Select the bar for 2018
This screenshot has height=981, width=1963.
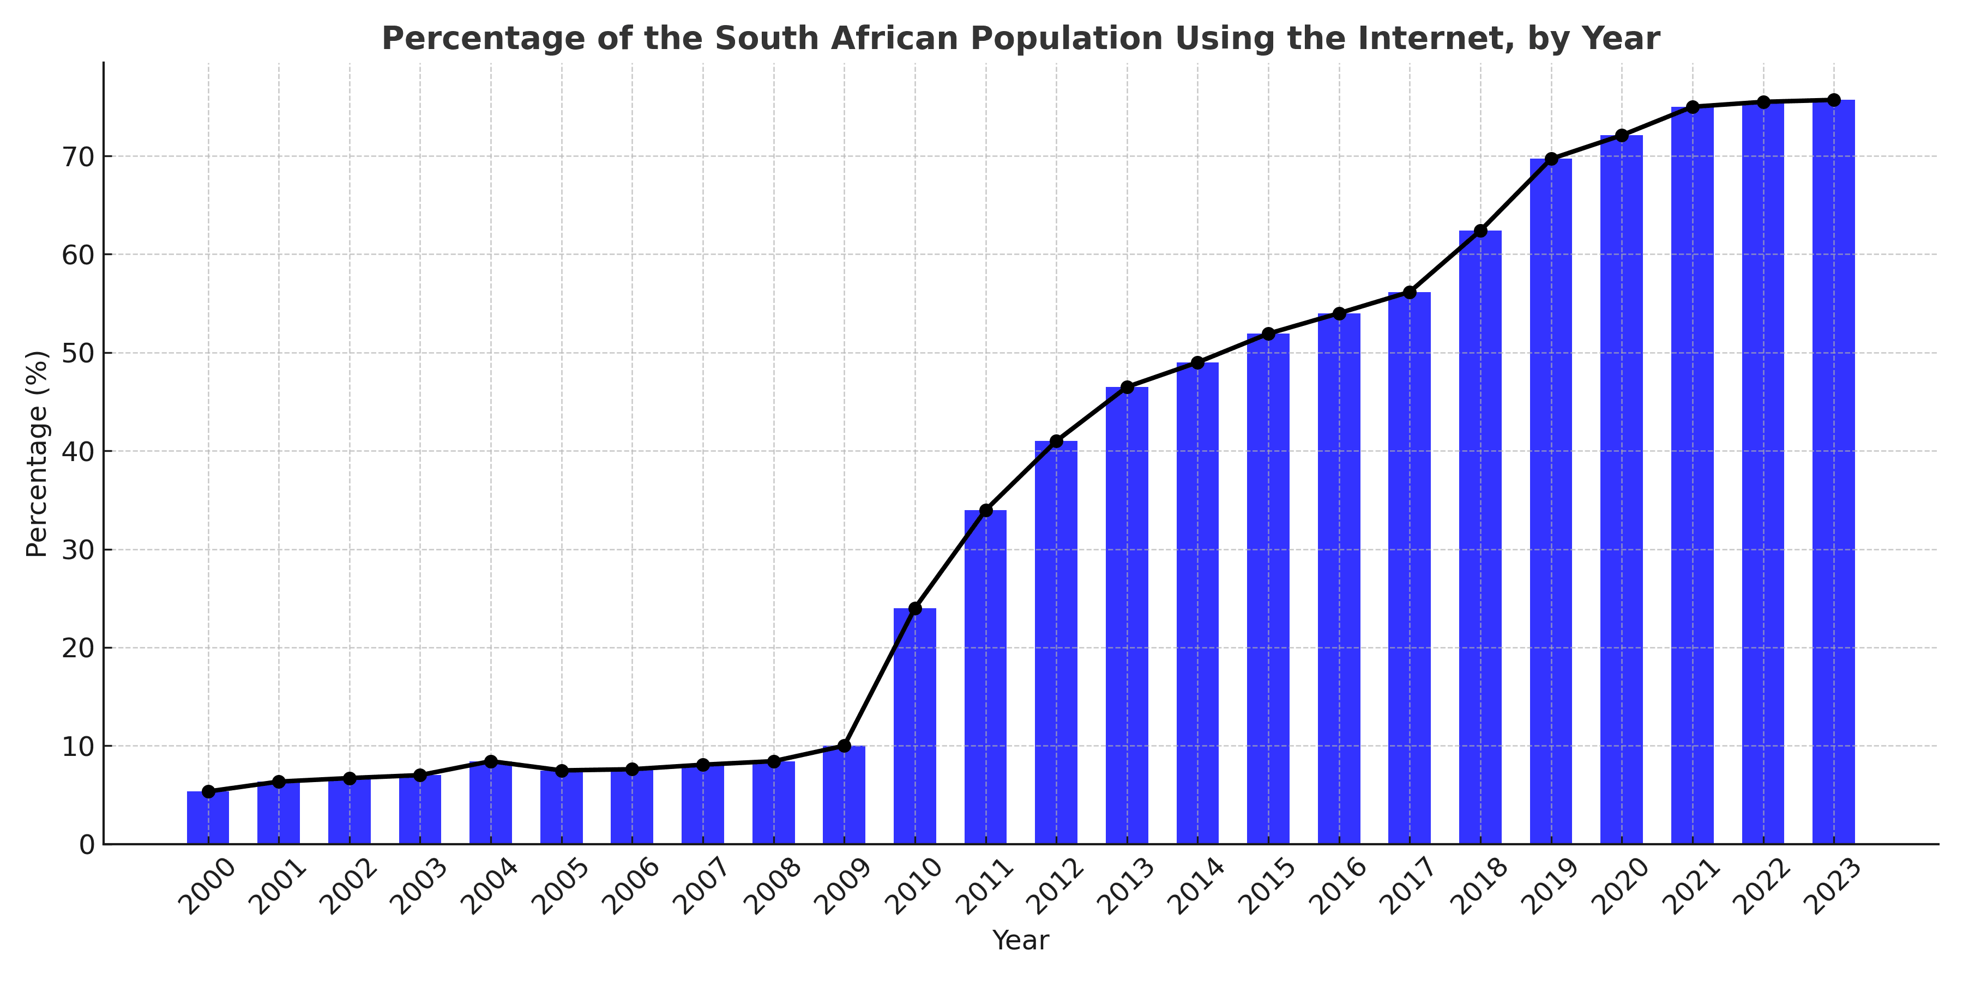coord(1480,537)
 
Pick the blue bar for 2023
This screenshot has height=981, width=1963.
coord(1833,472)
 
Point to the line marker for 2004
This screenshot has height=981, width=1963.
coord(491,762)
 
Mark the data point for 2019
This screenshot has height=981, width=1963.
coord(1551,159)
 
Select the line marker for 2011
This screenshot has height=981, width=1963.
coord(985,510)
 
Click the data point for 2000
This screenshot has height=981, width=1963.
coord(208,791)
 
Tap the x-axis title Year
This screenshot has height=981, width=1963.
coord(1020,941)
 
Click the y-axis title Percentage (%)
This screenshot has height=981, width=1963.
coord(37,454)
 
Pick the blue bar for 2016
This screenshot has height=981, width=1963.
coord(1339,579)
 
